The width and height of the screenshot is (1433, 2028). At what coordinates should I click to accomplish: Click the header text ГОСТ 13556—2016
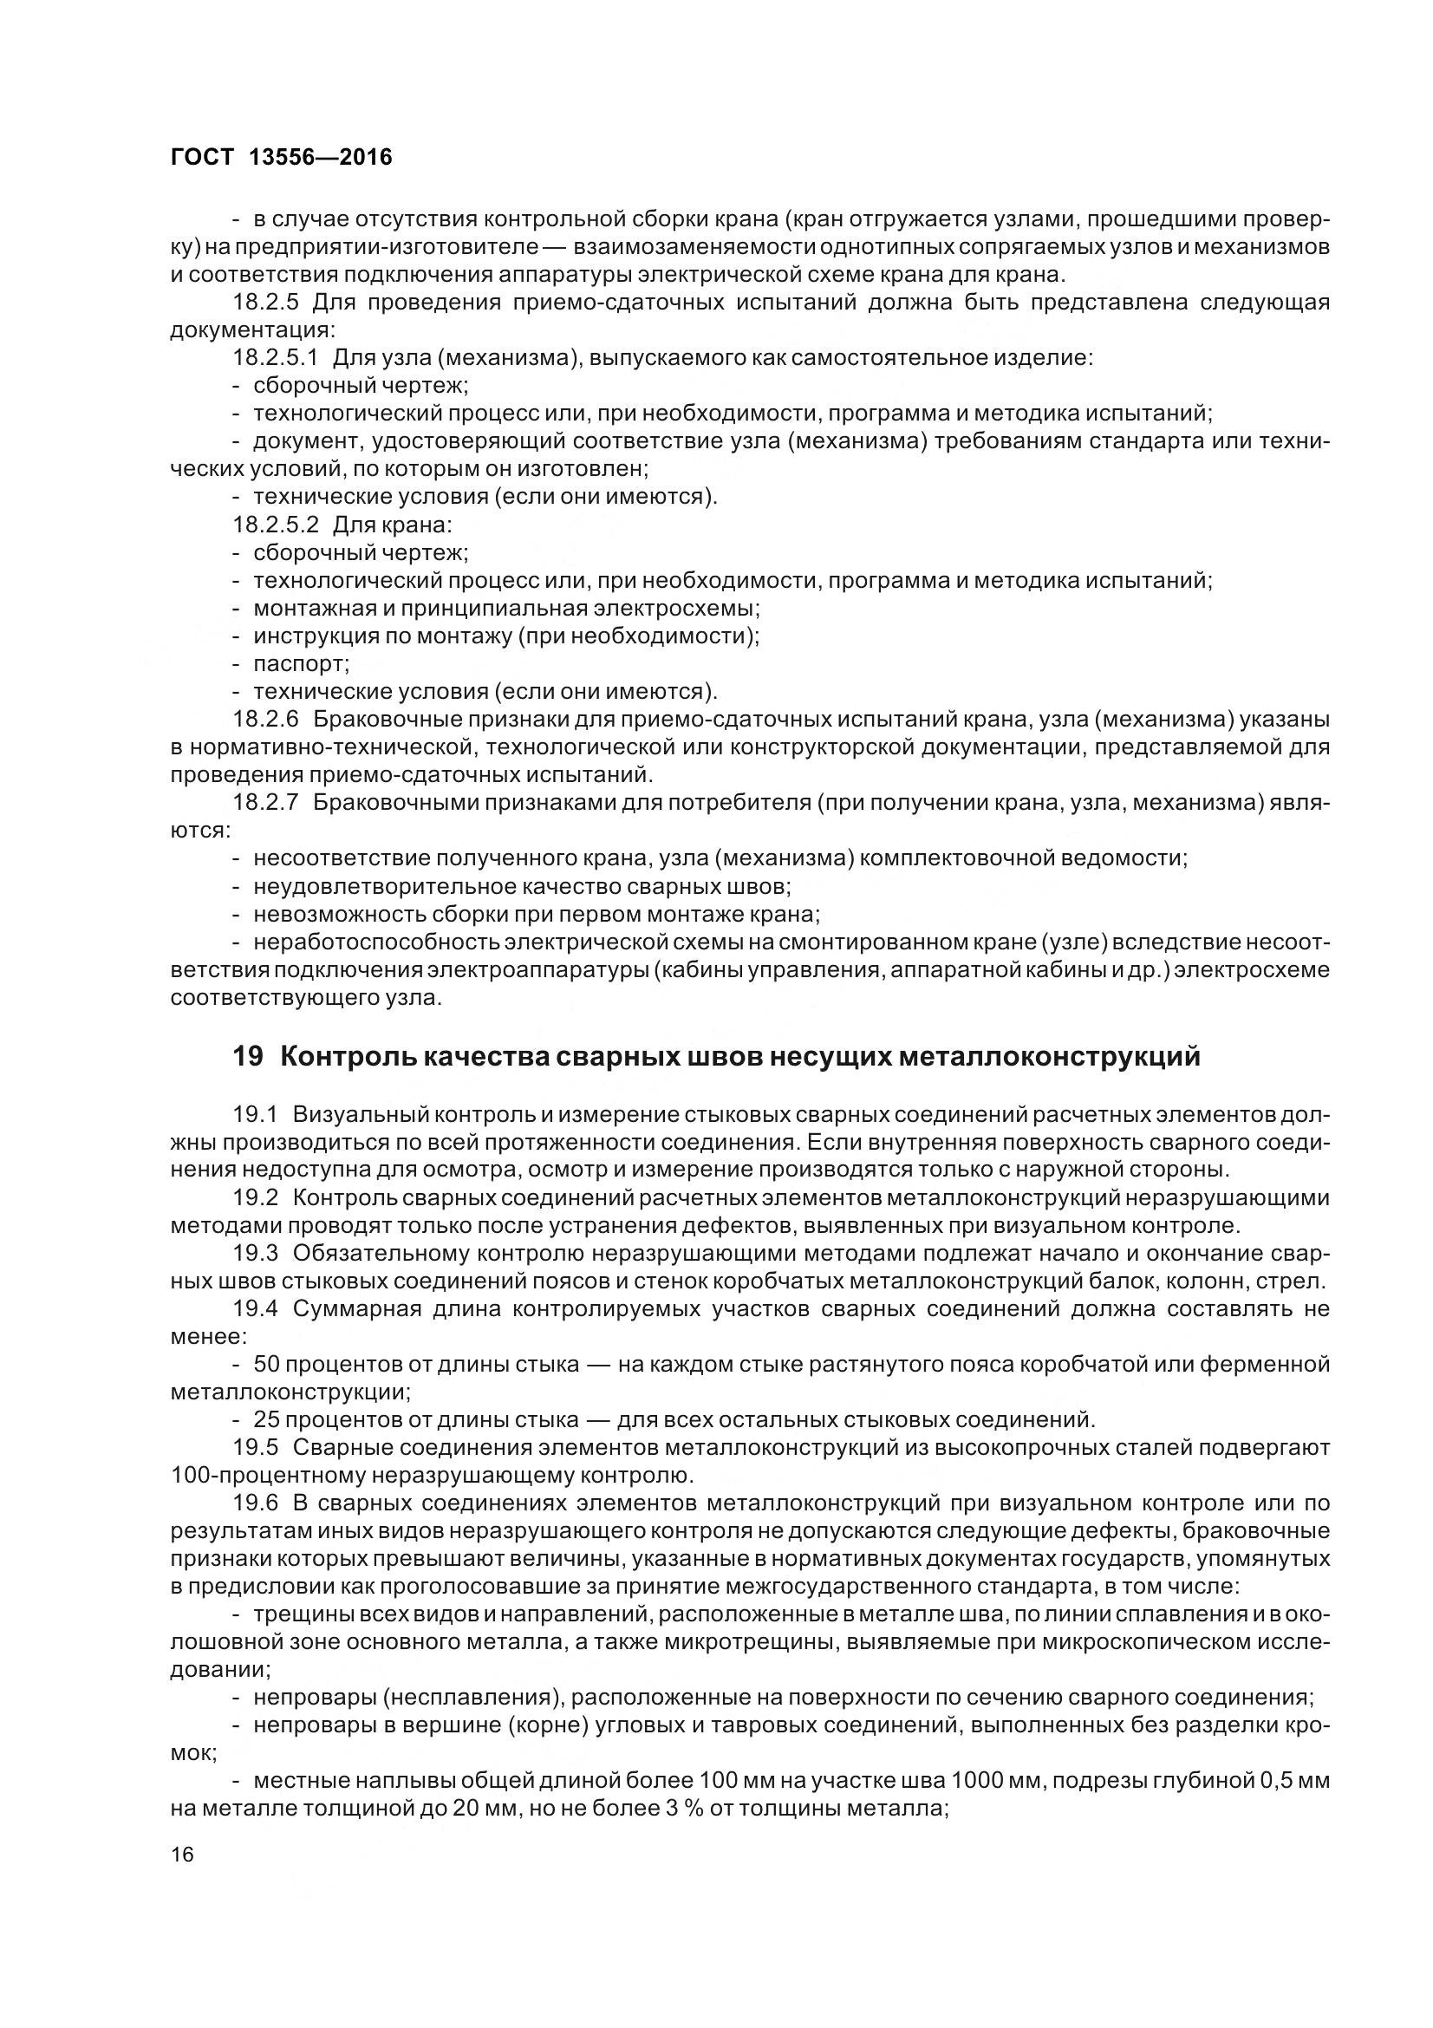coord(280,157)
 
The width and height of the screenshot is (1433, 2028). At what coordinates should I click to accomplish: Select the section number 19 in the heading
coord(248,1056)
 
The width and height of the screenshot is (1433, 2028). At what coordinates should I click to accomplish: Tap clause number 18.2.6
coord(267,719)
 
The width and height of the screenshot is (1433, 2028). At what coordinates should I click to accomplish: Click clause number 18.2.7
coord(267,802)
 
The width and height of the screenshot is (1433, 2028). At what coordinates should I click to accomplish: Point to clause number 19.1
coord(255,1115)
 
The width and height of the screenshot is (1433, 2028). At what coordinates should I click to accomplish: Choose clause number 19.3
coord(255,1253)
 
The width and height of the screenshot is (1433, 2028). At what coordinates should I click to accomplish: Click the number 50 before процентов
coord(266,1364)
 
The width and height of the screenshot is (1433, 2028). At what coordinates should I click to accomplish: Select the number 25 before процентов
coord(266,1419)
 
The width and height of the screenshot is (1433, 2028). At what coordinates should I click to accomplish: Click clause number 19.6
coord(255,1503)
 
